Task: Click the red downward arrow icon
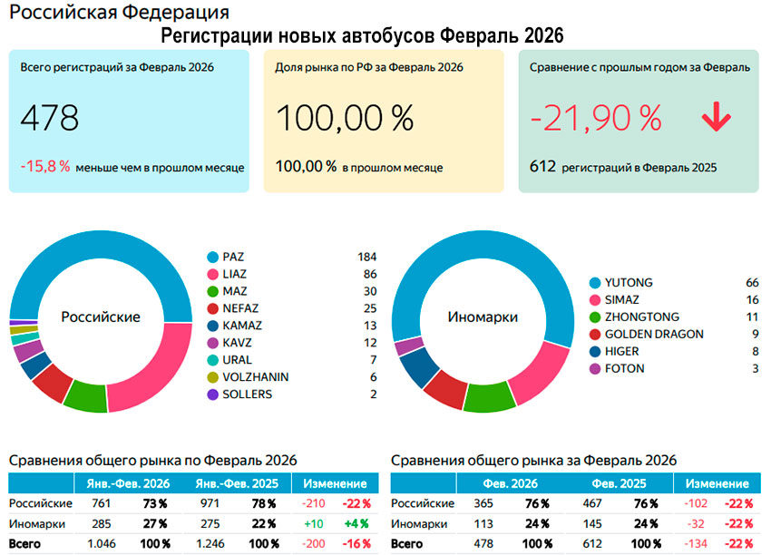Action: click(x=716, y=119)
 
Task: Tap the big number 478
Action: click(x=50, y=118)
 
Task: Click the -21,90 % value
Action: click(x=596, y=118)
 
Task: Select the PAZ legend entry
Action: click(x=234, y=257)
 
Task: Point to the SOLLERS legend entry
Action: click(x=248, y=394)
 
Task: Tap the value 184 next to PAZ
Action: click(x=366, y=257)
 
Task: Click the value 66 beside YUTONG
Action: click(x=751, y=283)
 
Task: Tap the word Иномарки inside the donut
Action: click(x=483, y=317)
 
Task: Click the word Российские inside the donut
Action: click(x=100, y=317)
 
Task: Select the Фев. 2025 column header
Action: click(x=619, y=484)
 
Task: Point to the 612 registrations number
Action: click(x=542, y=167)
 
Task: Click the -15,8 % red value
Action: click(x=44, y=167)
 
